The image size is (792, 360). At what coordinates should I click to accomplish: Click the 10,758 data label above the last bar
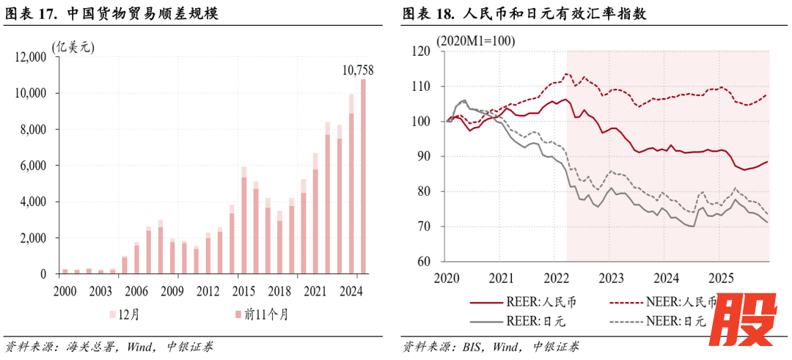point(358,70)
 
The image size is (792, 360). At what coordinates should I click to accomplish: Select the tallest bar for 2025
point(363,176)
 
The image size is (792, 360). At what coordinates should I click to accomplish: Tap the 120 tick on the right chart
point(420,51)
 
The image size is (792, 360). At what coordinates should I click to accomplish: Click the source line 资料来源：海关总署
point(109,346)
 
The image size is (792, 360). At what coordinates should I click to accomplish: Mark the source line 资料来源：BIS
point(490,346)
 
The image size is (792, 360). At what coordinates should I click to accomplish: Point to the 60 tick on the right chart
point(422,261)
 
